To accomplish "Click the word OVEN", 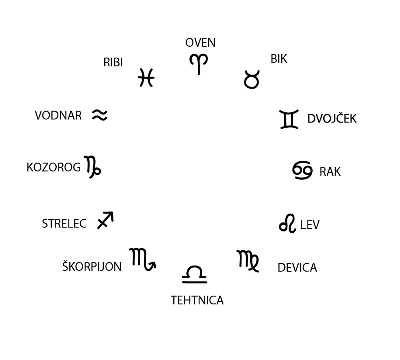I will click(200, 43).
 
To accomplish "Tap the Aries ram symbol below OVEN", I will click(199, 64).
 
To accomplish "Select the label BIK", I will click(279, 59).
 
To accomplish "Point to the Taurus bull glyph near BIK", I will click(251, 80).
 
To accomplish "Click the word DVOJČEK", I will click(332, 119).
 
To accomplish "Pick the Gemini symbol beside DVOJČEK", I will click(289, 119).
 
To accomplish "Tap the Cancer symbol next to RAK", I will click(302, 170).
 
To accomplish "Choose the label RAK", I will click(330, 172).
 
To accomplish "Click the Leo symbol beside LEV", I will click(287, 223).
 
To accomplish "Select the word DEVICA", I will click(297, 268).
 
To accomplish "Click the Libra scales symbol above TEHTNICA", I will click(195, 274).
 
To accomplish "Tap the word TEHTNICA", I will click(197, 300).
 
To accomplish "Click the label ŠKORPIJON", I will click(92, 266).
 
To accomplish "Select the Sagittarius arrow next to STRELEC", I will click(105, 220).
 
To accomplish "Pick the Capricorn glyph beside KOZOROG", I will click(92, 167).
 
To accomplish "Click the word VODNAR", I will click(58, 115).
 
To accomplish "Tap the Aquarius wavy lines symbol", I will click(100, 115).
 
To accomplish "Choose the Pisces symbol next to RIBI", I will click(146, 78).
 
